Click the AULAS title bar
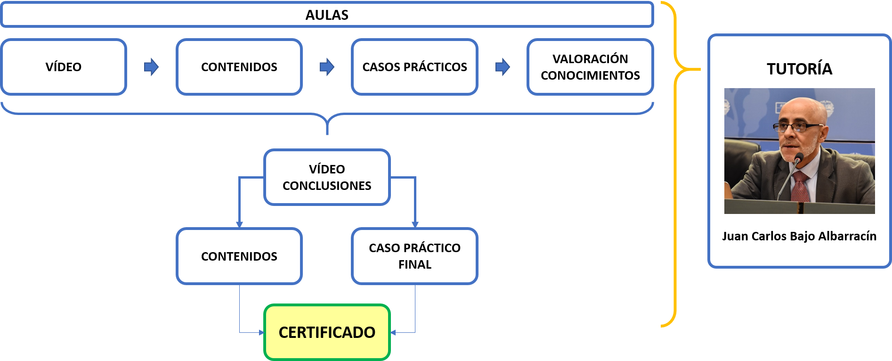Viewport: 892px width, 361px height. tap(327, 15)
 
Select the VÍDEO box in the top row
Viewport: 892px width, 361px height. tap(64, 67)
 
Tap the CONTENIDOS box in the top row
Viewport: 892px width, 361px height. tap(239, 67)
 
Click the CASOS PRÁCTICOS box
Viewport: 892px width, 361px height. tap(414, 67)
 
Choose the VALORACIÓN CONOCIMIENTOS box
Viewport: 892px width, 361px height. tap(590, 67)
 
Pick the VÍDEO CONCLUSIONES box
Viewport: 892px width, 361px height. tap(327, 177)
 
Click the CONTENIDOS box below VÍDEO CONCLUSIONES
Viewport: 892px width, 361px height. tap(239, 256)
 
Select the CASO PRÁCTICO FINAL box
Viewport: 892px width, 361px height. tap(414, 256)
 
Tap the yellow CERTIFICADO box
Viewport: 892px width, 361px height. tap(327, 332)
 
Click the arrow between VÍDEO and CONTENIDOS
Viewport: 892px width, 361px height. tap(151, 67)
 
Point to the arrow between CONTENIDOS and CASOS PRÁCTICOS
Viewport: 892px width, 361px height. tap(327, 67)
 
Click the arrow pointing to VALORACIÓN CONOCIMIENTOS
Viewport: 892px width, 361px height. tap(503, 67)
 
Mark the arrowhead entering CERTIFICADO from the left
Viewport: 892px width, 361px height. tap(261, 333)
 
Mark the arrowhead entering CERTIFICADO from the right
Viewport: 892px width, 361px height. tap(393, 333)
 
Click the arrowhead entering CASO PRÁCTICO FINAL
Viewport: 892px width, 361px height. tap(415, 225)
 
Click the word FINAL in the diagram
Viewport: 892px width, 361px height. tap(414, 265)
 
